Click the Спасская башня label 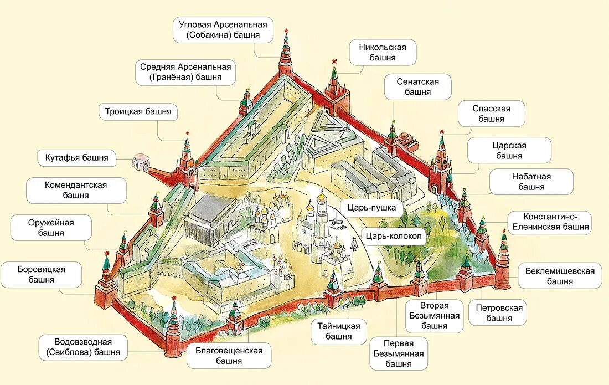tap(491, 114)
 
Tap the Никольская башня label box tap(382, 52)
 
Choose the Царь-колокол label tap(393, 236)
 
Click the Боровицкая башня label tap(42, 274)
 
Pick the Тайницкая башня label tap(338, 331)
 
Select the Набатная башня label tap(531, 182)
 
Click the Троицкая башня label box tap(138, 111)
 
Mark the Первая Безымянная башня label tap(399, 354)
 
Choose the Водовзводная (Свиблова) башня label tap(84, 347)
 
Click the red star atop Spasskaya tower tap(442, 131)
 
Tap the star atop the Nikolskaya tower tap(334, 61)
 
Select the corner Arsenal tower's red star tap(286, 30)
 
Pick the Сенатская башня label tap(417, 87)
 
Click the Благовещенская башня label tap(229, 356)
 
